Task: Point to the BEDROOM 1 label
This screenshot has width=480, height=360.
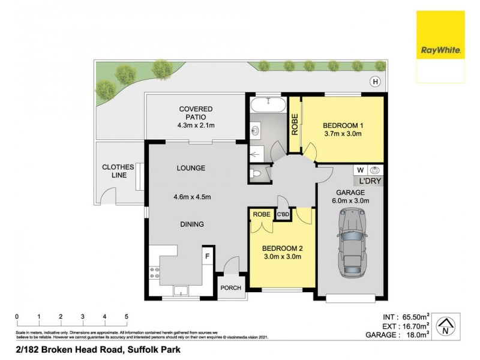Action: [343, 125]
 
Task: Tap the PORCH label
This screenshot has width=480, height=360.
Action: [230, 288]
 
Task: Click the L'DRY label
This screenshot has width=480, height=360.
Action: [370, 181]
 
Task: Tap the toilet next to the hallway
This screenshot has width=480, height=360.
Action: [256, 174]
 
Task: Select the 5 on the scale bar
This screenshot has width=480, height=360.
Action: [126, 316]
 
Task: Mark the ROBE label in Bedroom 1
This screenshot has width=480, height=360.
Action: [295, 124]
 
